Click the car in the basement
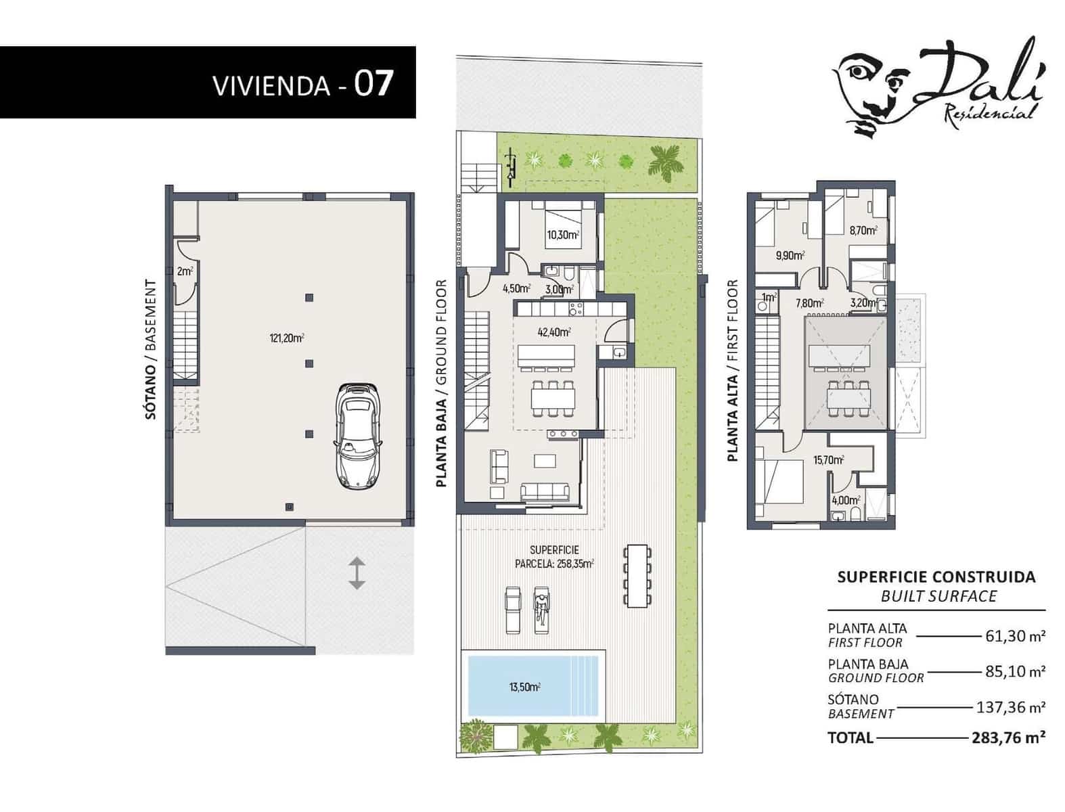coord(357,436)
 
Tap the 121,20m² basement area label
coord(286,337)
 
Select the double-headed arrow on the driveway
coord(357,572)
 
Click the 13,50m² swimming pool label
coord(524,687)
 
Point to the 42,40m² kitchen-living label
coord(554,332)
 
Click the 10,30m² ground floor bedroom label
coord(563,235)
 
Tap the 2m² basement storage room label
coord(184,272)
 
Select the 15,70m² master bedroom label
coord(828,461)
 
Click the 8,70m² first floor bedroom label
coord(863,231)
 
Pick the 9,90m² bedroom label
coord(790,256)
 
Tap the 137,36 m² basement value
coord(1011,707)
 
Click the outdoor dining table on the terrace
coord(637,577)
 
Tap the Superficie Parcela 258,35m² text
coord(554,557)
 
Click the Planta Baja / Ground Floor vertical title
coord(442,384)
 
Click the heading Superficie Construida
coord(936,577)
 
